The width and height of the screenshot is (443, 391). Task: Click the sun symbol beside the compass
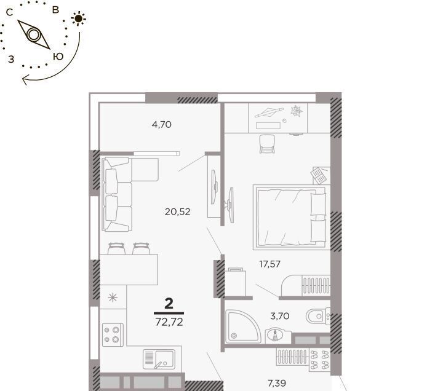coord(79,18)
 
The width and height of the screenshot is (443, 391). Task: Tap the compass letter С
coord(9,12)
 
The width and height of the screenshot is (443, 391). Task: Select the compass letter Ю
coord(58,57)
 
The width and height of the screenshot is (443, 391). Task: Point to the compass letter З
coord(11,59)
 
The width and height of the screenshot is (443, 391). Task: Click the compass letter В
coord(55,10)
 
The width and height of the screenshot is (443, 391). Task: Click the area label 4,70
coord(162,125)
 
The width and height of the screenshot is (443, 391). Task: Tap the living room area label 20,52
coord(177,211)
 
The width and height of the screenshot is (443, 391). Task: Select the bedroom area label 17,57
coord(270,264)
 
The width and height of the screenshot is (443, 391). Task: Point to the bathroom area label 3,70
coord(280,316)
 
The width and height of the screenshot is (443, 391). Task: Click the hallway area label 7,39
coord(277,383)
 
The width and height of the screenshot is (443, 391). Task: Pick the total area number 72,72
coord(169,322)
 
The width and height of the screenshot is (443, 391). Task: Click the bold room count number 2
coord(169,304)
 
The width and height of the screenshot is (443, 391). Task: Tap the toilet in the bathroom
coord(318,316)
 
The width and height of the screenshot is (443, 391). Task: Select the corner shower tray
coord(242,326)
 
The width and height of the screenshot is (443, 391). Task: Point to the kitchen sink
coord(159,359)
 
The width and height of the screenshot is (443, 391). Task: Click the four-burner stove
coord(113,335)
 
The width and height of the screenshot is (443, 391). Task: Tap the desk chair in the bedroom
coord(267,144)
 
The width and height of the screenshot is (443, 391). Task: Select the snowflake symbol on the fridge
coord(113,298)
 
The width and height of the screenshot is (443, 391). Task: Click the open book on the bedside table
coord(319,175)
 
